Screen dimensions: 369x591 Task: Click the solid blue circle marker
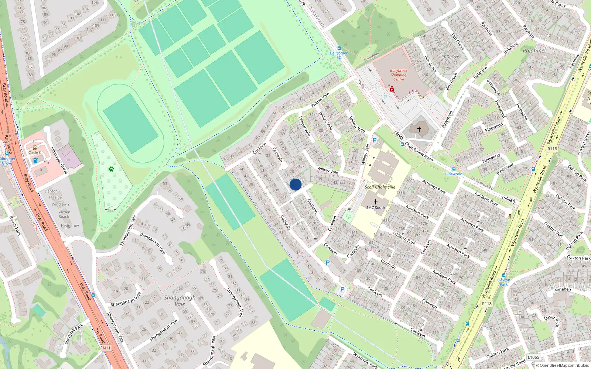(x=295, y=184)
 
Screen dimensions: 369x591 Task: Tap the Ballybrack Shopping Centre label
(x=399, y=75)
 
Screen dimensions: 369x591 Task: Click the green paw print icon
(x=111, y=169)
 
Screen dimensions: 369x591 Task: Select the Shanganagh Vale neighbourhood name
(x=180, y=301)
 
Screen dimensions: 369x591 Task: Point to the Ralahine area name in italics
(x=533, y=51)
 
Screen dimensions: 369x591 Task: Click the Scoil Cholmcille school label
(x=380, y=187)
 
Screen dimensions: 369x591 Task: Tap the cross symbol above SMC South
(x=376, y=202)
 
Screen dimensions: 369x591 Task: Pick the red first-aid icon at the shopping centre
(x=392, y=89)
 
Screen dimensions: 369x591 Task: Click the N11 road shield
(x=106, y=348)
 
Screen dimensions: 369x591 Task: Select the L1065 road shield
(x=533, y=357)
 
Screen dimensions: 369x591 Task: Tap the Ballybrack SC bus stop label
(x=339, y=55)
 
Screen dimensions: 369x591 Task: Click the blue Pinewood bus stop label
(x=454, y=174)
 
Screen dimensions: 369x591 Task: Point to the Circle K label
(x=35, y=152)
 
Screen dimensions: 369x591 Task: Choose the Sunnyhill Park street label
(x=74, y=334)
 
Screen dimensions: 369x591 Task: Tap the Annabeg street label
(x=562, y=290)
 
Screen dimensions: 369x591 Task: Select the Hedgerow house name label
(x=70, y=225)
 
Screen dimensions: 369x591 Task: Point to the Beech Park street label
(x=15, y=226)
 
